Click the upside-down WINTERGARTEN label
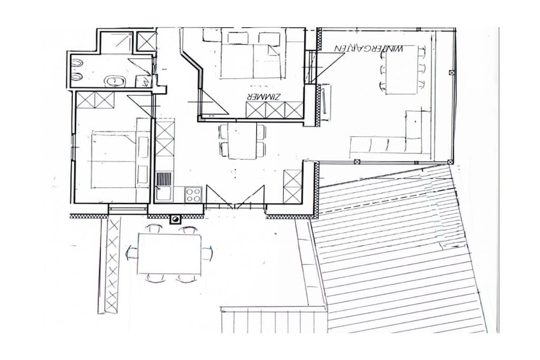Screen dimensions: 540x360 click(x=369, y=48)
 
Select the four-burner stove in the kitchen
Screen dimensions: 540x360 click(x=193, y=194)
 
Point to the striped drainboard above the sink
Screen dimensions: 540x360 click(x=164, y=179)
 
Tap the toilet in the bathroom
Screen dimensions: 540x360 click(x=114, y=81)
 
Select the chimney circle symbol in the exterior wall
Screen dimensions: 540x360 click(x=176, y=220)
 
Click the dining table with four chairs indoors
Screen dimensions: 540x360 click(x=243, y=141)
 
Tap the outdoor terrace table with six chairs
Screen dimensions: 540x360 click(x=169, y=254)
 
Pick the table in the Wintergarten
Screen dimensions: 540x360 click(x=401, y=74)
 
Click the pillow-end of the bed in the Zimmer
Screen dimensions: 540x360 click(x=253, y=37)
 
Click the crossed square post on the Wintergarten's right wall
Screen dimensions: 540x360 click(x=451, y=72)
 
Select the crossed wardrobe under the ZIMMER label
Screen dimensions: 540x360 click(x=274, y=110)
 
